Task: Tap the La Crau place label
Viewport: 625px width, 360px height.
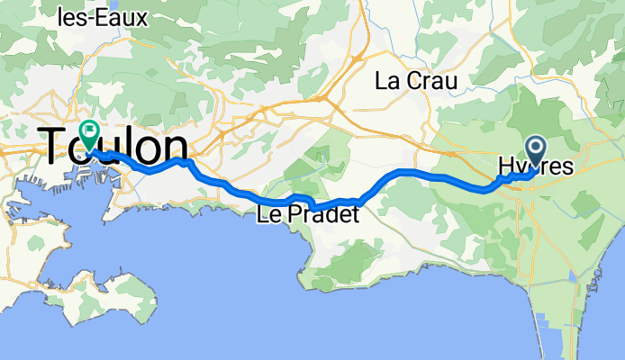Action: point(416,81)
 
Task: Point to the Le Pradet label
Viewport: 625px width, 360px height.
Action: point(307,216)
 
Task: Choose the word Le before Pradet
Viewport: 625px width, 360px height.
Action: point(268,216)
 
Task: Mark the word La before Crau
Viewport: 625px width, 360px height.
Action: point(386,81)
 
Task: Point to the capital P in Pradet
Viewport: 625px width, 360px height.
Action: point(293,216)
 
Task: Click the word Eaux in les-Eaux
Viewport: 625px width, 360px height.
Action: point(127,16)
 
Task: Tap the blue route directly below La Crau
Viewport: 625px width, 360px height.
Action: point(416,171)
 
